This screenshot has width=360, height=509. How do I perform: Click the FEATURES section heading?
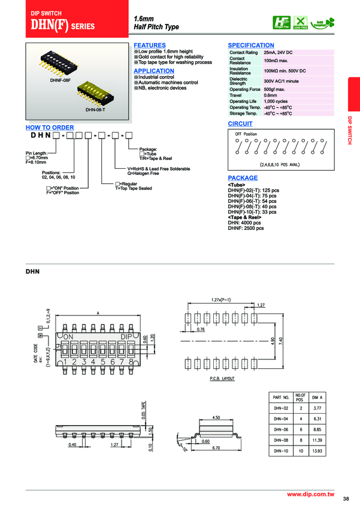(149, 46)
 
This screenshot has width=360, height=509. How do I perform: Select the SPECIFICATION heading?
(251, 46)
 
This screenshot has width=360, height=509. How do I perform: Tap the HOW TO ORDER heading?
(50, 128)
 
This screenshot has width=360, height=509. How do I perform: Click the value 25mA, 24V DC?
(277, 53)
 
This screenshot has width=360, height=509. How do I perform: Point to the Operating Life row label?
(243, 101)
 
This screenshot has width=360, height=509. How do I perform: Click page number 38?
(346, 499)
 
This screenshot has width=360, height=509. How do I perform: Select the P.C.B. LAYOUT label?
(222, 379)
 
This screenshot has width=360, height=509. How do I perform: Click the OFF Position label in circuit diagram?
(246, 134)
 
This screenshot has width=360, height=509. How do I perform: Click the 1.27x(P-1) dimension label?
(222, 299)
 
